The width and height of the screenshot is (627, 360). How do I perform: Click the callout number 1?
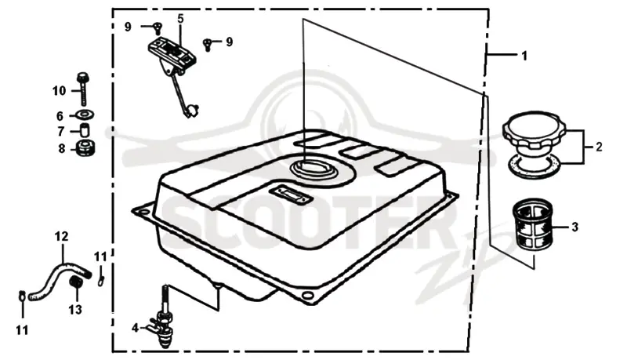524,56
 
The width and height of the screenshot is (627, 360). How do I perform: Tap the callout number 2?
599,147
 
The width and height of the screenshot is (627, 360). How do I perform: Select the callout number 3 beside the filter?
574,227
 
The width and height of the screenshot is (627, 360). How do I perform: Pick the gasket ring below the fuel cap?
535,167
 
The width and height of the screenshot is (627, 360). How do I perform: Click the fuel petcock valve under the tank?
165,320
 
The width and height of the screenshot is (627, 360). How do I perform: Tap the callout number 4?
135,328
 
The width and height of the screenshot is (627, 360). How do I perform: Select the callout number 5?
181,18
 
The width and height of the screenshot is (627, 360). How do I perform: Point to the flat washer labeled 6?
85,115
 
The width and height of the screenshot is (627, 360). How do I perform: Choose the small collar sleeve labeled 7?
85,131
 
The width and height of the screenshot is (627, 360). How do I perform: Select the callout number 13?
75,310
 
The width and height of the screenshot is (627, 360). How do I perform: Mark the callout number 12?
62,237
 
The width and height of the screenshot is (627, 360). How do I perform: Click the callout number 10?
60,91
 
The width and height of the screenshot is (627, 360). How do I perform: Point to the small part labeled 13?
76,283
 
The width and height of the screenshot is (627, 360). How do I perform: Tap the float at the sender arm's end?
194,110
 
